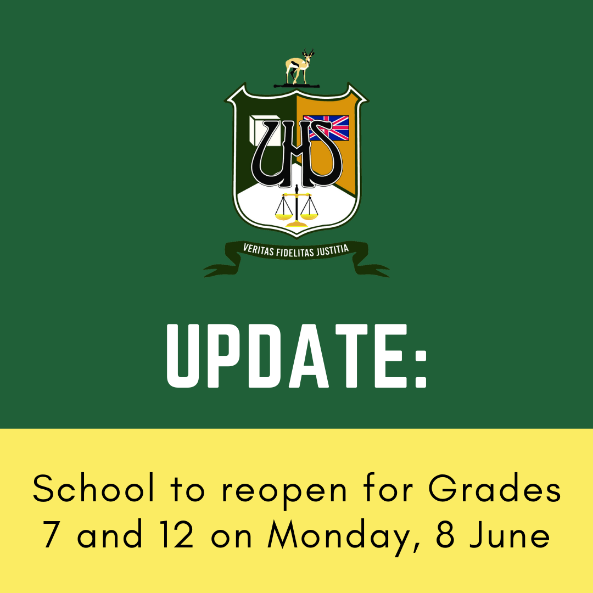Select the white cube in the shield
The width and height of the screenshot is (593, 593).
coord(264,131)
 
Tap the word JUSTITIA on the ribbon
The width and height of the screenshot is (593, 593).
coord(332,250)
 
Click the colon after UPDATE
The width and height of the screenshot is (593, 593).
coord(421,369)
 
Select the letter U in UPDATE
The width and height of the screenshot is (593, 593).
coord(183,356)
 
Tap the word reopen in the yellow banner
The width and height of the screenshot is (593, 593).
coord(284,493)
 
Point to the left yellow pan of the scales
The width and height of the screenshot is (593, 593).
coord(284,217)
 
